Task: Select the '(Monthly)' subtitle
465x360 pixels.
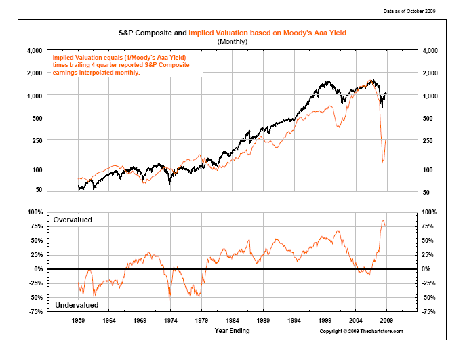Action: [232, 41]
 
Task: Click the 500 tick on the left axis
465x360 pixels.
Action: [37, 118]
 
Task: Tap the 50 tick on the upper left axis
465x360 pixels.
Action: [39, 192]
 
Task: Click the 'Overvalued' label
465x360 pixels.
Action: [72, 220]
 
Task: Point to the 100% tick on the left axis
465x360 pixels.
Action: [35, 212]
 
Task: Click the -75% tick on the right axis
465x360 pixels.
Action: [429, 312]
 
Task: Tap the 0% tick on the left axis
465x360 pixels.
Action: [38, 269]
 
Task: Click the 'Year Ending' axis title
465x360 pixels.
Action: [232, 331]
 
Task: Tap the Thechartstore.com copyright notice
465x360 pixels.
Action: [361, 331]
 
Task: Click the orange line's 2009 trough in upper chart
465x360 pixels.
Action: [383, 162]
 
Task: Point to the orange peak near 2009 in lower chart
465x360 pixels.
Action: [383, 221]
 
